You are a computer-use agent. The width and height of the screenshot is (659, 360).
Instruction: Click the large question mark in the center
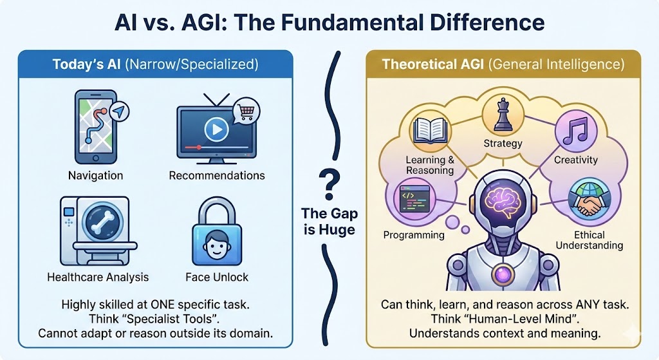329,182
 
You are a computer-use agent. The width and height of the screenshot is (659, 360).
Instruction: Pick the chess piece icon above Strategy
502,117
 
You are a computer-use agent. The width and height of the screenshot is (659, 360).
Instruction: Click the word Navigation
95,175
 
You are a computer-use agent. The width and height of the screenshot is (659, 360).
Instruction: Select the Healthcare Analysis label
98,277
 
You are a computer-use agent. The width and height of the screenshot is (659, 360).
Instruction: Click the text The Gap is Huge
329,221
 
